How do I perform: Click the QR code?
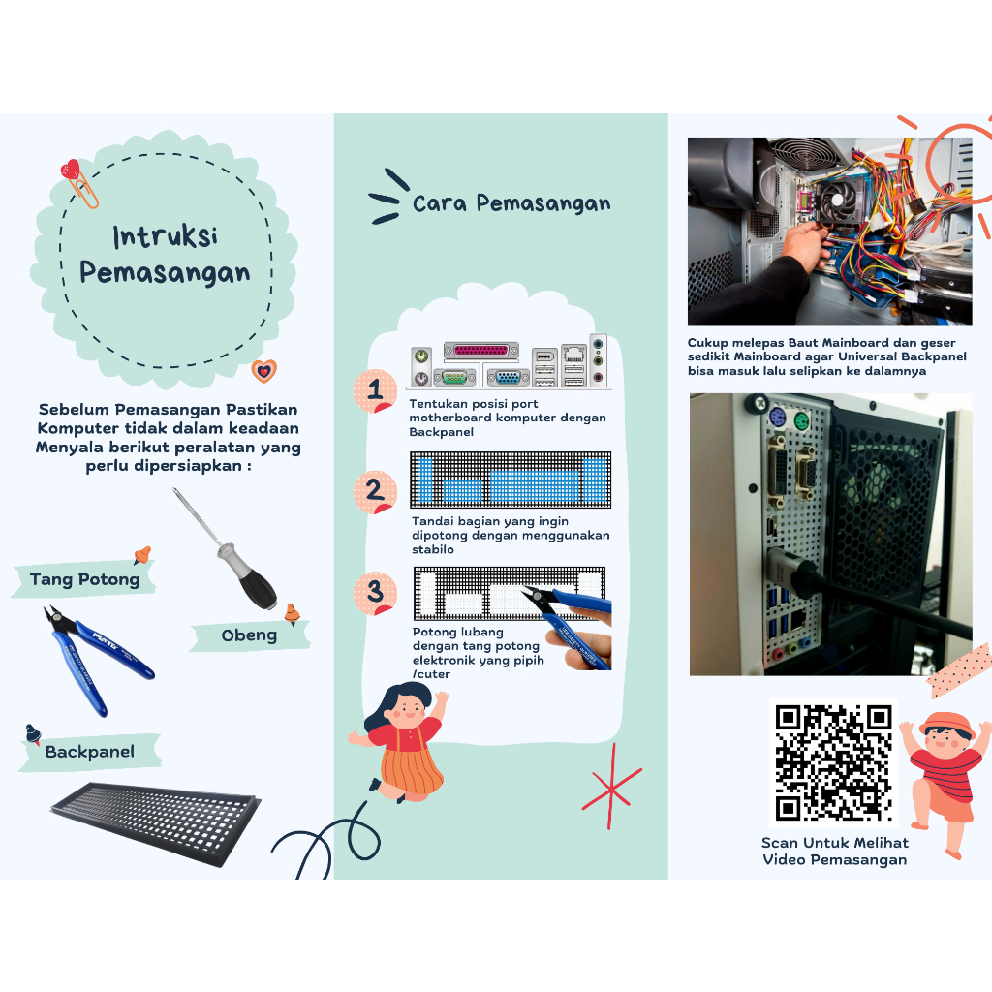tap(833, 762)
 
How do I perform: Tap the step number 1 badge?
tap(375, 391)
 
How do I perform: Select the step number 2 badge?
tap(375, 492)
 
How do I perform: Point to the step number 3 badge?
tap(375, 594)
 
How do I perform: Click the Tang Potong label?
tap(84, 579)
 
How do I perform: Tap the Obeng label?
tap(249, 635)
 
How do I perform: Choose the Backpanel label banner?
tap(90, 752)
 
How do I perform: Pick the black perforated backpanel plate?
tap(156, 823)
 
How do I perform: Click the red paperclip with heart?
tap(79, 183)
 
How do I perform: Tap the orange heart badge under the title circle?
tap(263, 371)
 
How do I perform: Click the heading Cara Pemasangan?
tap(511, 203)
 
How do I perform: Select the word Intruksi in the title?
tap(166, 236)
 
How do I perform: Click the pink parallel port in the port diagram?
tap(480, 350)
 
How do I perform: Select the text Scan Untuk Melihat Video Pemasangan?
tap(835, 851)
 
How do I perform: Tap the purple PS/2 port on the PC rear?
tap(777, 418)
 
